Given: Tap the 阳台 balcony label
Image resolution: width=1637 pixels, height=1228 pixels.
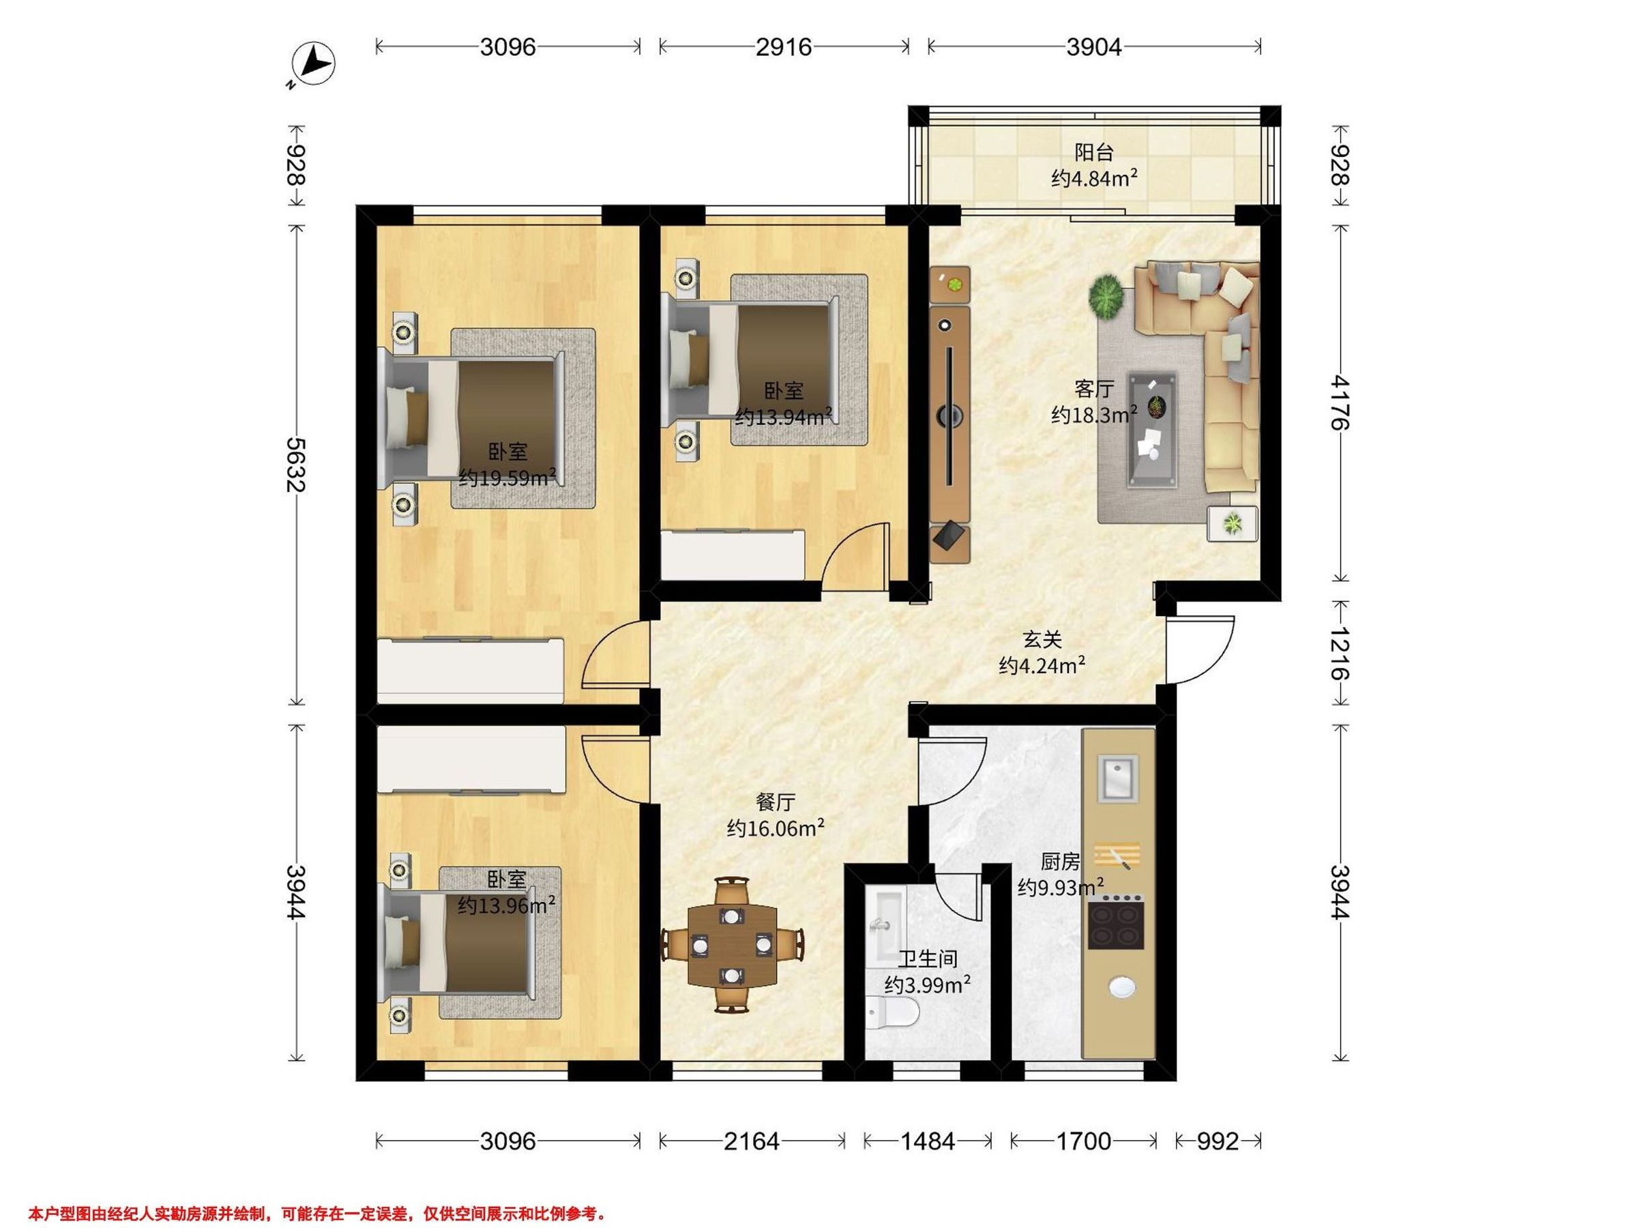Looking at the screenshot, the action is coord(1094,153).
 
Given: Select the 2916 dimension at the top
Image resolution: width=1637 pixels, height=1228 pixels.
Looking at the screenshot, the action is coord(784,46).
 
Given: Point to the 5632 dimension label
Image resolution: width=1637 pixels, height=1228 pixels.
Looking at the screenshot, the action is coord(296,465).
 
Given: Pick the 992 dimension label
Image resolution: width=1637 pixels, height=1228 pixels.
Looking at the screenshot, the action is coord(1218,1141).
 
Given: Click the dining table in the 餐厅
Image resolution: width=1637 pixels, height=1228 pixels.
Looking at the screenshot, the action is coord(732,946).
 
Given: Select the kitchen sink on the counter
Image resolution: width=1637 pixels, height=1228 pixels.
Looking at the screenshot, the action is coord(1117,778).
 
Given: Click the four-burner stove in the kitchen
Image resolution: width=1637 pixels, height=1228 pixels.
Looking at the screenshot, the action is coord(1116,921).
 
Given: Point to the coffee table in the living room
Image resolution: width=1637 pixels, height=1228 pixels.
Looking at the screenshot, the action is coord(1152,429).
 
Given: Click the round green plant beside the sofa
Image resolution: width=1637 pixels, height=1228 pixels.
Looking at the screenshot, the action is coord(1106,297).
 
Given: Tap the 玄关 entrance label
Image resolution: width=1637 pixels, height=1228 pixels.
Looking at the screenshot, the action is coord(1042,639).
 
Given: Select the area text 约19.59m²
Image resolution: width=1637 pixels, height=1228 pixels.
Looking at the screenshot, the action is coord(507,478).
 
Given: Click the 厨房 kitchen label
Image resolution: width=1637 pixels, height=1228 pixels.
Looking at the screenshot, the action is coord(1061,861).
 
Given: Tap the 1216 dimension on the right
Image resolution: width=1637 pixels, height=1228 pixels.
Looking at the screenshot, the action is coord(1340,653).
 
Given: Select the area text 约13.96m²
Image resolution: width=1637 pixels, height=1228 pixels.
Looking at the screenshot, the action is coord(506,905).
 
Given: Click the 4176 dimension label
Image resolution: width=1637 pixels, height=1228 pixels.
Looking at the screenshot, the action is coord(1340,403).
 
